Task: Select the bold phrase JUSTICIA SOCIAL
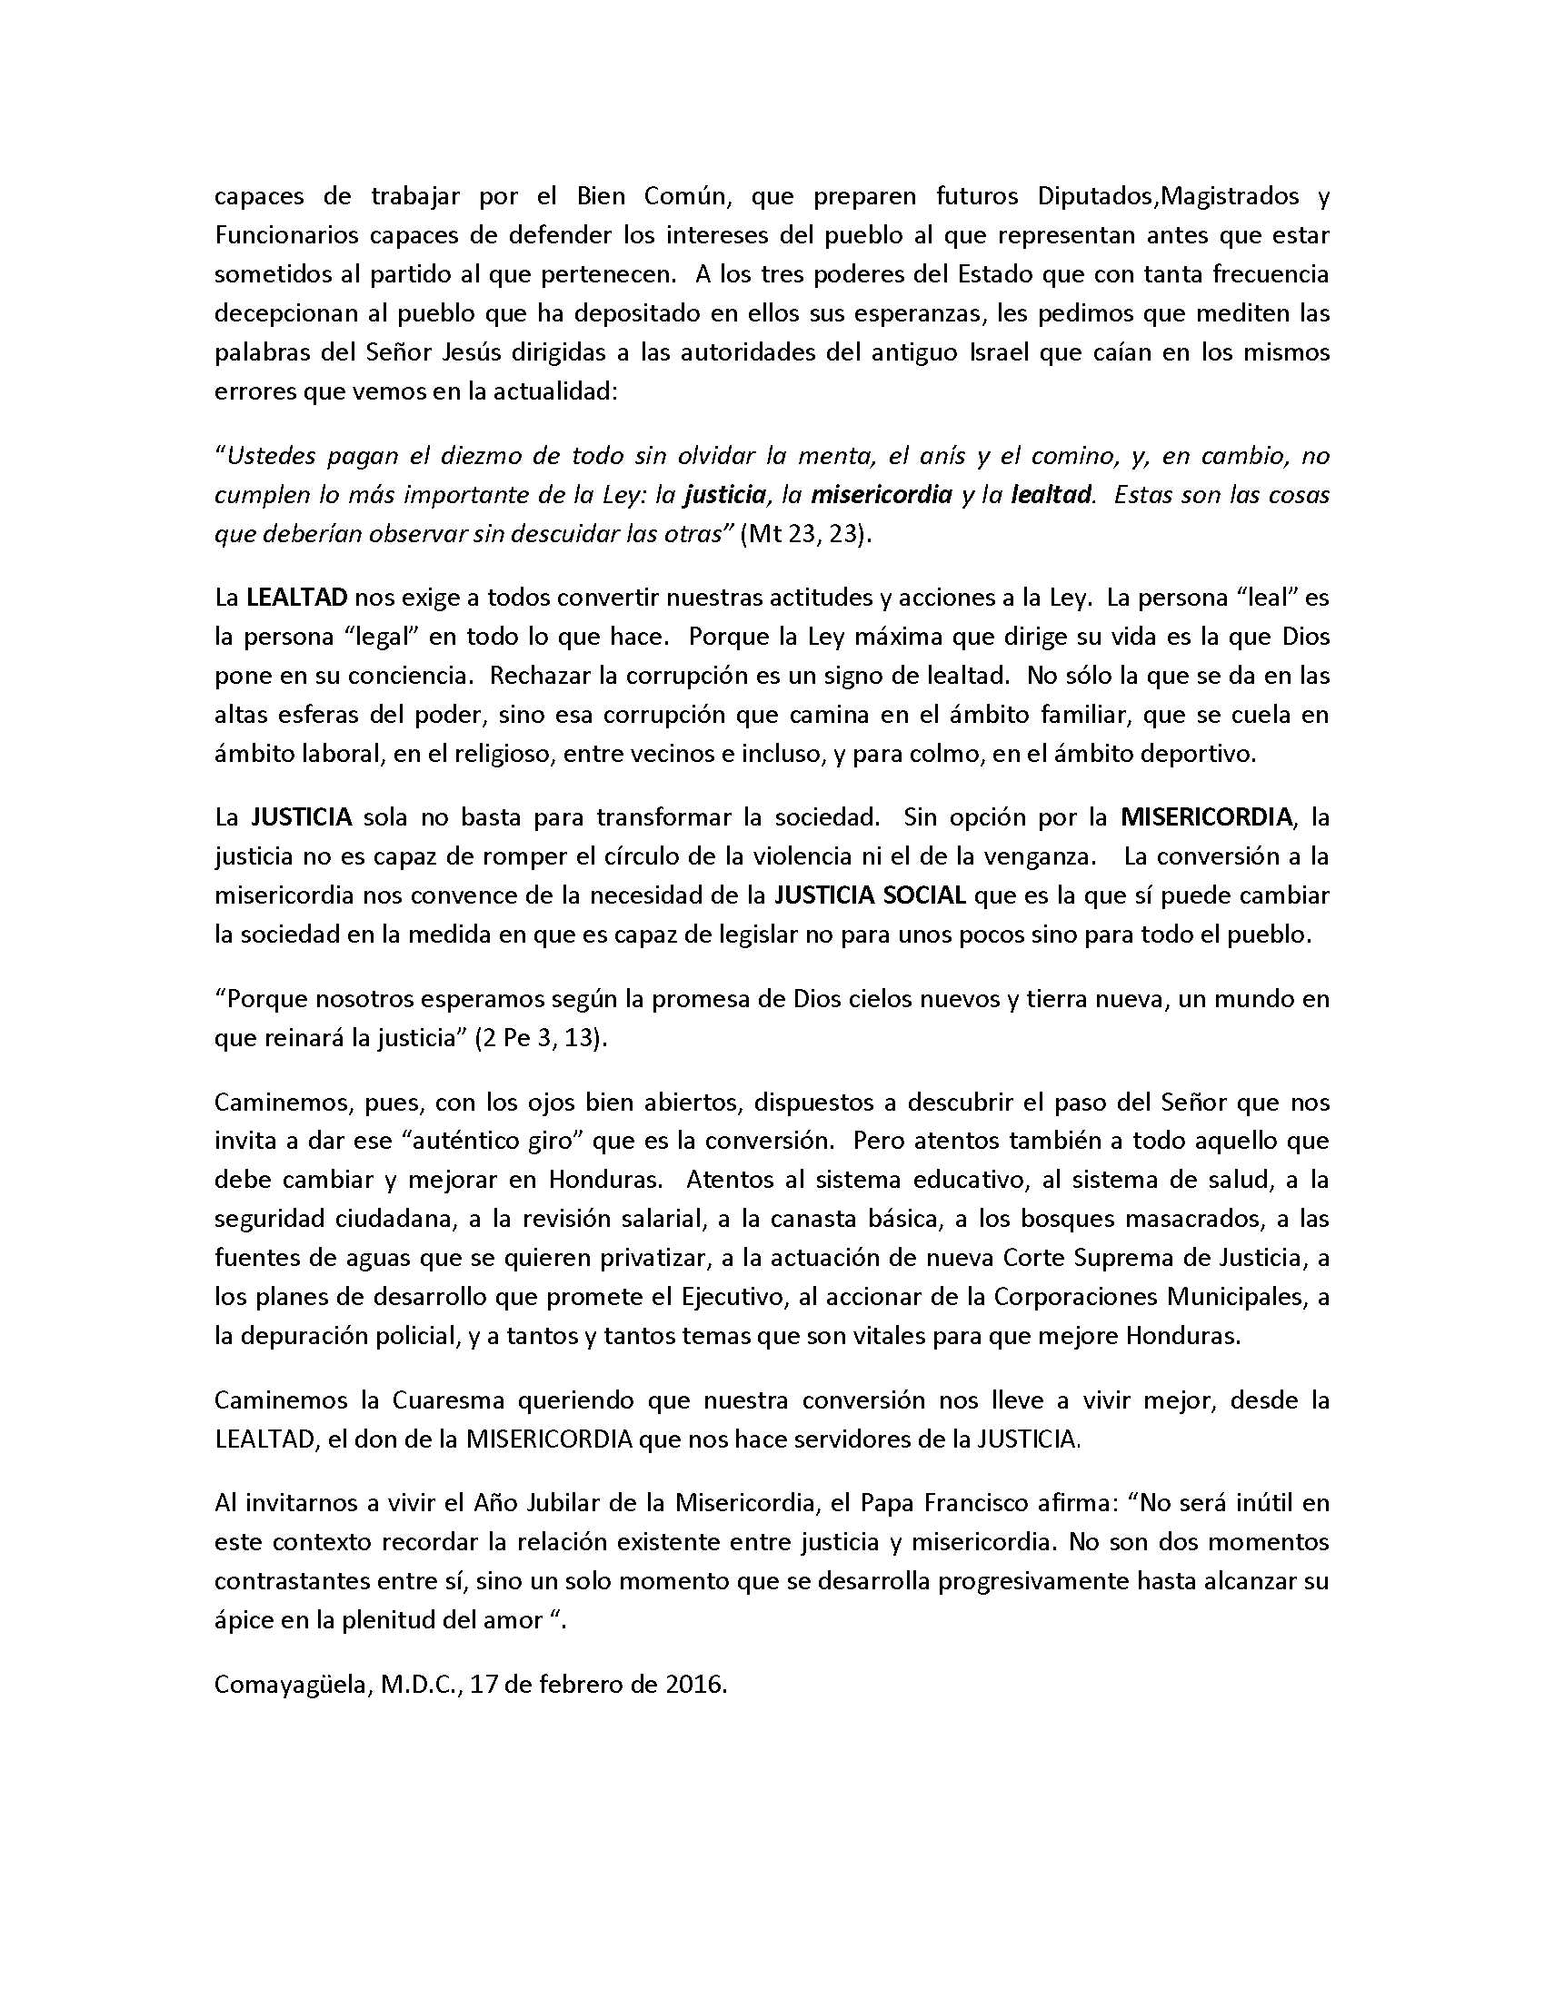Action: point(870,895)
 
